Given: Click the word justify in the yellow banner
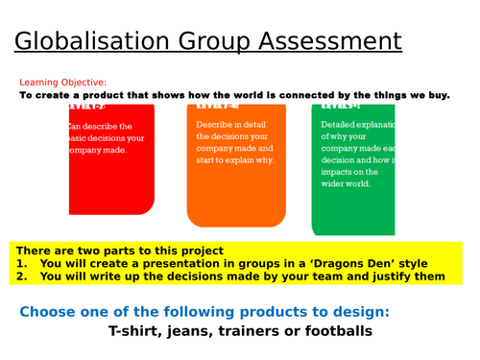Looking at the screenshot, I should [x=387, y=276].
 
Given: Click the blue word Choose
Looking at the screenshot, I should [x=49, y=311].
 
